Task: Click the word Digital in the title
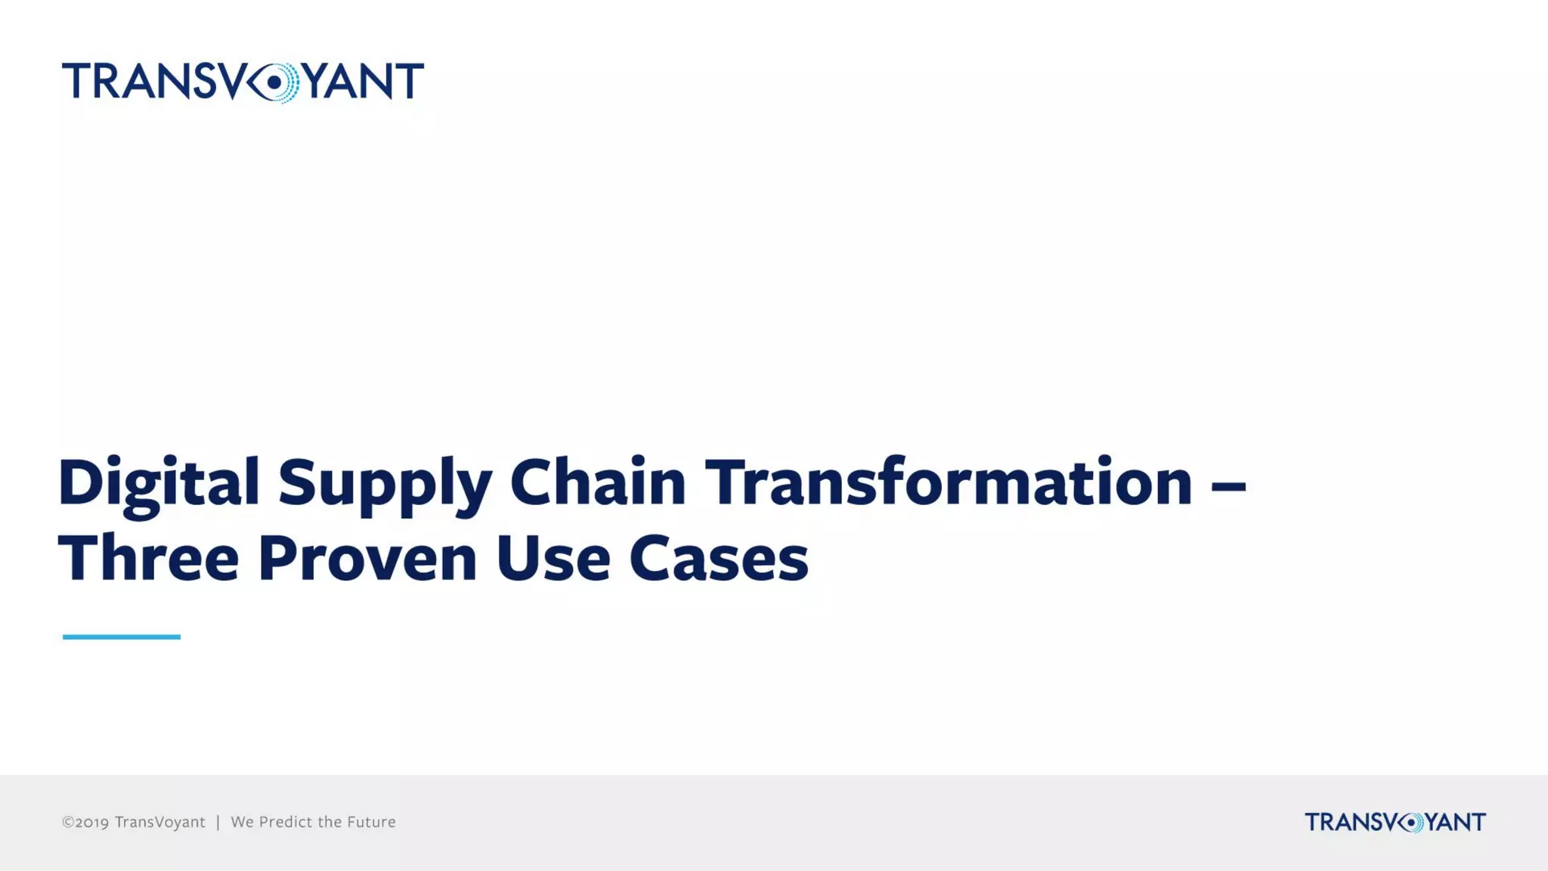point(159,483)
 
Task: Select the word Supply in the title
point(385,483)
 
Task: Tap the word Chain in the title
point(597,482)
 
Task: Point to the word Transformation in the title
point(949,482)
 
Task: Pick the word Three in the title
point(148,559)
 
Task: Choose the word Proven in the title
point(367,559)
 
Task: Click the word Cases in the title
point(718,559)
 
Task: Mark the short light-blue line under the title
point(121,637)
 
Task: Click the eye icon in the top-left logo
point(273,82)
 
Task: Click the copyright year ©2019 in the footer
point(85,822)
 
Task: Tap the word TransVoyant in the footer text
point(159,822)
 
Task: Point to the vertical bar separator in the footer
point(218,822)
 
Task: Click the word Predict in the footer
point(286,822)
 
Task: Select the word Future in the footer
point(371,822)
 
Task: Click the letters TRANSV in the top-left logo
point(150,82)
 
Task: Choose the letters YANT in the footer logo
point(1455,822)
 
